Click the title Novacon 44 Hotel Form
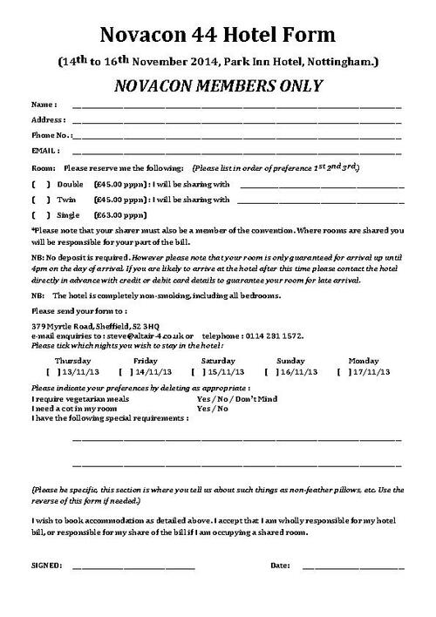pyautogui.click(x=217, y=34)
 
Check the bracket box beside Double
pyautogui.click(x=41, y=185)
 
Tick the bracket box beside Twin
pyautogui.click(x=41, y=200)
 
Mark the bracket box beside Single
pyautogui.click(x=41, y=214)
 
